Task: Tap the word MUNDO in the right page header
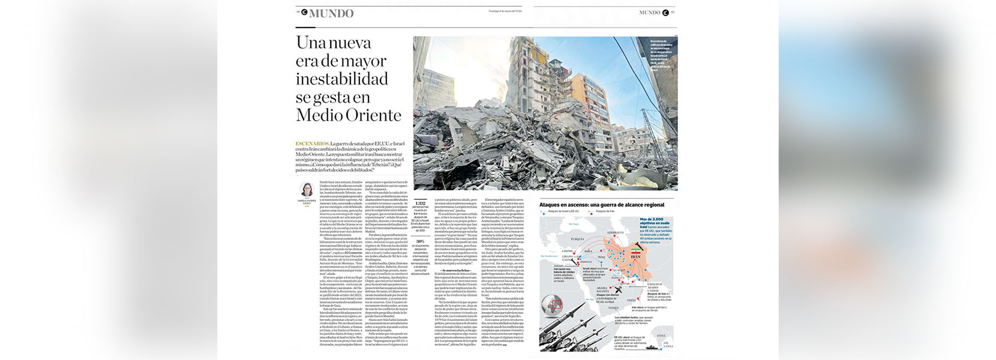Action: coord(649,13)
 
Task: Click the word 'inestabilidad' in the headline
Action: coord(342,79)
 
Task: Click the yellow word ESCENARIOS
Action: coord(312,144)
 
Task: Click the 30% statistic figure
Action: coord(421,241)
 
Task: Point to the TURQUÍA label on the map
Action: coord(577,239)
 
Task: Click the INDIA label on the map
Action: coord(661,335)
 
